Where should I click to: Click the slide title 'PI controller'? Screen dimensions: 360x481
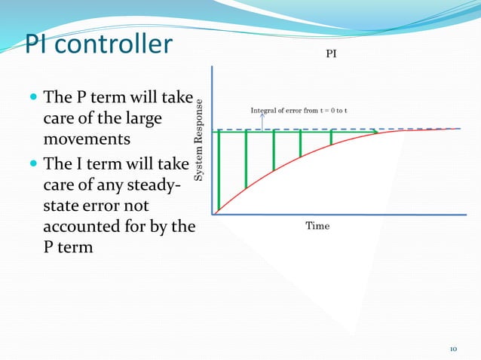(x=99, y=44)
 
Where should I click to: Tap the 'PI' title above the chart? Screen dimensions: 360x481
(x=330, y=55)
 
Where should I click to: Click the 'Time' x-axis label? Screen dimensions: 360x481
(x=317, y=226)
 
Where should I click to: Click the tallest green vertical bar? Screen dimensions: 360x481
(x=219, y=171)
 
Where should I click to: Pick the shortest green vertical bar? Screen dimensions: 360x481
(x=331, y=137)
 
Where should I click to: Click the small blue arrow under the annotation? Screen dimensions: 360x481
(x=262, y=121)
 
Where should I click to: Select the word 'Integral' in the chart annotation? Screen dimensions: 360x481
(x=265, y=111)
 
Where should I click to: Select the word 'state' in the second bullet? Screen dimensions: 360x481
(x=62, y=204)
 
